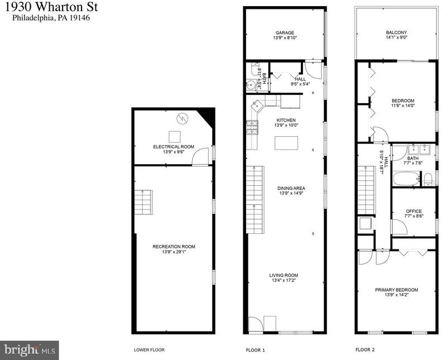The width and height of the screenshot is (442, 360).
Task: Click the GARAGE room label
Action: click(285, 33)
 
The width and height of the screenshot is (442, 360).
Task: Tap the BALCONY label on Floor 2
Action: click(396, 32)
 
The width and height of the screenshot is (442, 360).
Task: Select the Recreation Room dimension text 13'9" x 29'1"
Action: click(174, 252)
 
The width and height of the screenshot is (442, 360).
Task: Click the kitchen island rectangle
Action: click(286, 143)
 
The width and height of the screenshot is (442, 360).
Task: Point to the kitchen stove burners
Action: click(252, 127)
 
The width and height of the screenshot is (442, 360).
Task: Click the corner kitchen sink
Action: click(257, 105)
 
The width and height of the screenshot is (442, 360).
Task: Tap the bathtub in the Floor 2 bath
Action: click(406, 179)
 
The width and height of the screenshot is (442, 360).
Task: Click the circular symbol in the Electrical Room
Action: click(182, 118)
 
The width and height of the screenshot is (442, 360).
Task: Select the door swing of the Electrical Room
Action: click(200, 156)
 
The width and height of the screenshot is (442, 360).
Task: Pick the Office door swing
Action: click(399, 227)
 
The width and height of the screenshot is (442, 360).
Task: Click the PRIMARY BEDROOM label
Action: click(396, 290)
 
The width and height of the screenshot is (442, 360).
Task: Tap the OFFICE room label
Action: click(414, 211)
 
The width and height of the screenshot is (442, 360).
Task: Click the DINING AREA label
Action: click(291, 188)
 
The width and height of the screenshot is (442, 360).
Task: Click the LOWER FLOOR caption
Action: click(149, 350)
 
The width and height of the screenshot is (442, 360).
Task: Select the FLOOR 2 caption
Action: click(365, 350)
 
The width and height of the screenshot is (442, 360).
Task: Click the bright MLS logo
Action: click(30, 351)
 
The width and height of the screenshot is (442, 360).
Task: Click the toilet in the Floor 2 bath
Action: click(429, 180)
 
